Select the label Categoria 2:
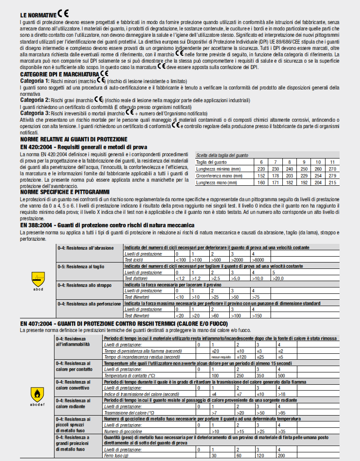point(35,99)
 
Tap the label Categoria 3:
point(35,113)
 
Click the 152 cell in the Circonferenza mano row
point(261,175)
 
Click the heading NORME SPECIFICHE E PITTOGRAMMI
point(65,192)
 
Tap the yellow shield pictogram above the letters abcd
point(39,277)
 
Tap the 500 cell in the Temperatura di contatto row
point(281,376)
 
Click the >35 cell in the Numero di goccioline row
point(281,431)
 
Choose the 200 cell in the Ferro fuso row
point(281,455)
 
